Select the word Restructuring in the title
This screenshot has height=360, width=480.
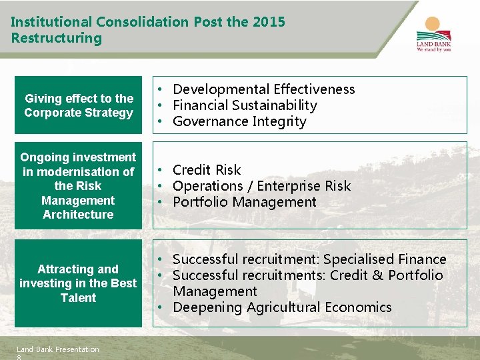[57, 38]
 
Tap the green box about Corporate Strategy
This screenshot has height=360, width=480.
[79, 105]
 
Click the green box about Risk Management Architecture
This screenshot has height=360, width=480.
[79, 185]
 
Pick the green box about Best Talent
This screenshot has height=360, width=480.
[79, 283]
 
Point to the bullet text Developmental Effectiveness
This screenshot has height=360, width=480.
[263, 89]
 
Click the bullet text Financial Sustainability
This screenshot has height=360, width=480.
[245, 105]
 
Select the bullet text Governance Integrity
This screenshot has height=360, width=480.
[239, 121]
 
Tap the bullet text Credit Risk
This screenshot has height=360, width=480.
[207, 170]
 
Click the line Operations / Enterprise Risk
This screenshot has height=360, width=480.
[261, 186]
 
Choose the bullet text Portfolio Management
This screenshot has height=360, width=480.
[244, 202]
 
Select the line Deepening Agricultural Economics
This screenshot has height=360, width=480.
[282, 307]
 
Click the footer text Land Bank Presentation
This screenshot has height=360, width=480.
[57, 349]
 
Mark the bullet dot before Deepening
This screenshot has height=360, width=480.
[161, 307]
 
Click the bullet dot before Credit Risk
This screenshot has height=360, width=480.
[161, 170]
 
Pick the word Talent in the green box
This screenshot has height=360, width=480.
[79, 298]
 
